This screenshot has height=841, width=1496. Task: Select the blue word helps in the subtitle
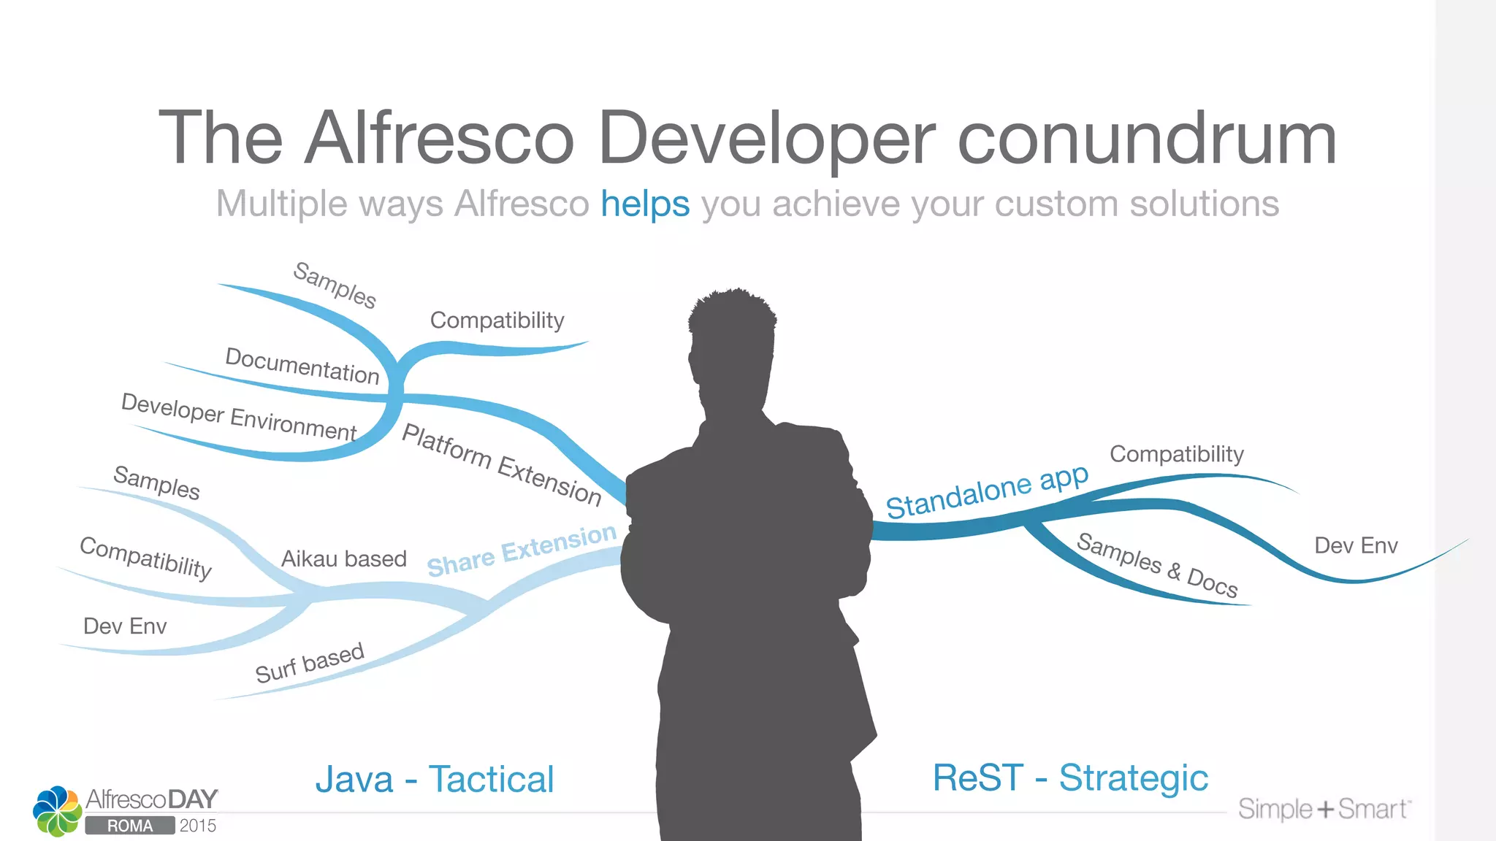645,204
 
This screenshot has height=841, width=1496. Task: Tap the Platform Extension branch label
502,464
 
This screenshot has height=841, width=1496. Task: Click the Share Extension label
522,550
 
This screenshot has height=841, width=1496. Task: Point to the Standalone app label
987,491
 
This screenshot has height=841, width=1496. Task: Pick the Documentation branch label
302,366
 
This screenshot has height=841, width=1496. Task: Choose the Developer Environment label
239,416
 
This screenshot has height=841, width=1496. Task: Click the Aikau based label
344,559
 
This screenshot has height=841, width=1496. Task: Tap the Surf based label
309,663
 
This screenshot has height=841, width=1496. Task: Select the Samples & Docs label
1157,565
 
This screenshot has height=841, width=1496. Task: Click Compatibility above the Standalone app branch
1176,454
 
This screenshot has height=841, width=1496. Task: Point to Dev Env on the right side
1356,545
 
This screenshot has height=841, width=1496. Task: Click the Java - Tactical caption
435,779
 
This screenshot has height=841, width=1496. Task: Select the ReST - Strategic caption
1070,777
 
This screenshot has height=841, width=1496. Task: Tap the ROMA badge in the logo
130,826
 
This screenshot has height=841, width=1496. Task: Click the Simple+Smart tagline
1324,809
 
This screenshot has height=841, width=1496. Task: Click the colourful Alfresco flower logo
57,810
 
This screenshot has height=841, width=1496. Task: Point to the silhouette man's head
733,329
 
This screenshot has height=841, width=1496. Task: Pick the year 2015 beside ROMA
198,826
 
